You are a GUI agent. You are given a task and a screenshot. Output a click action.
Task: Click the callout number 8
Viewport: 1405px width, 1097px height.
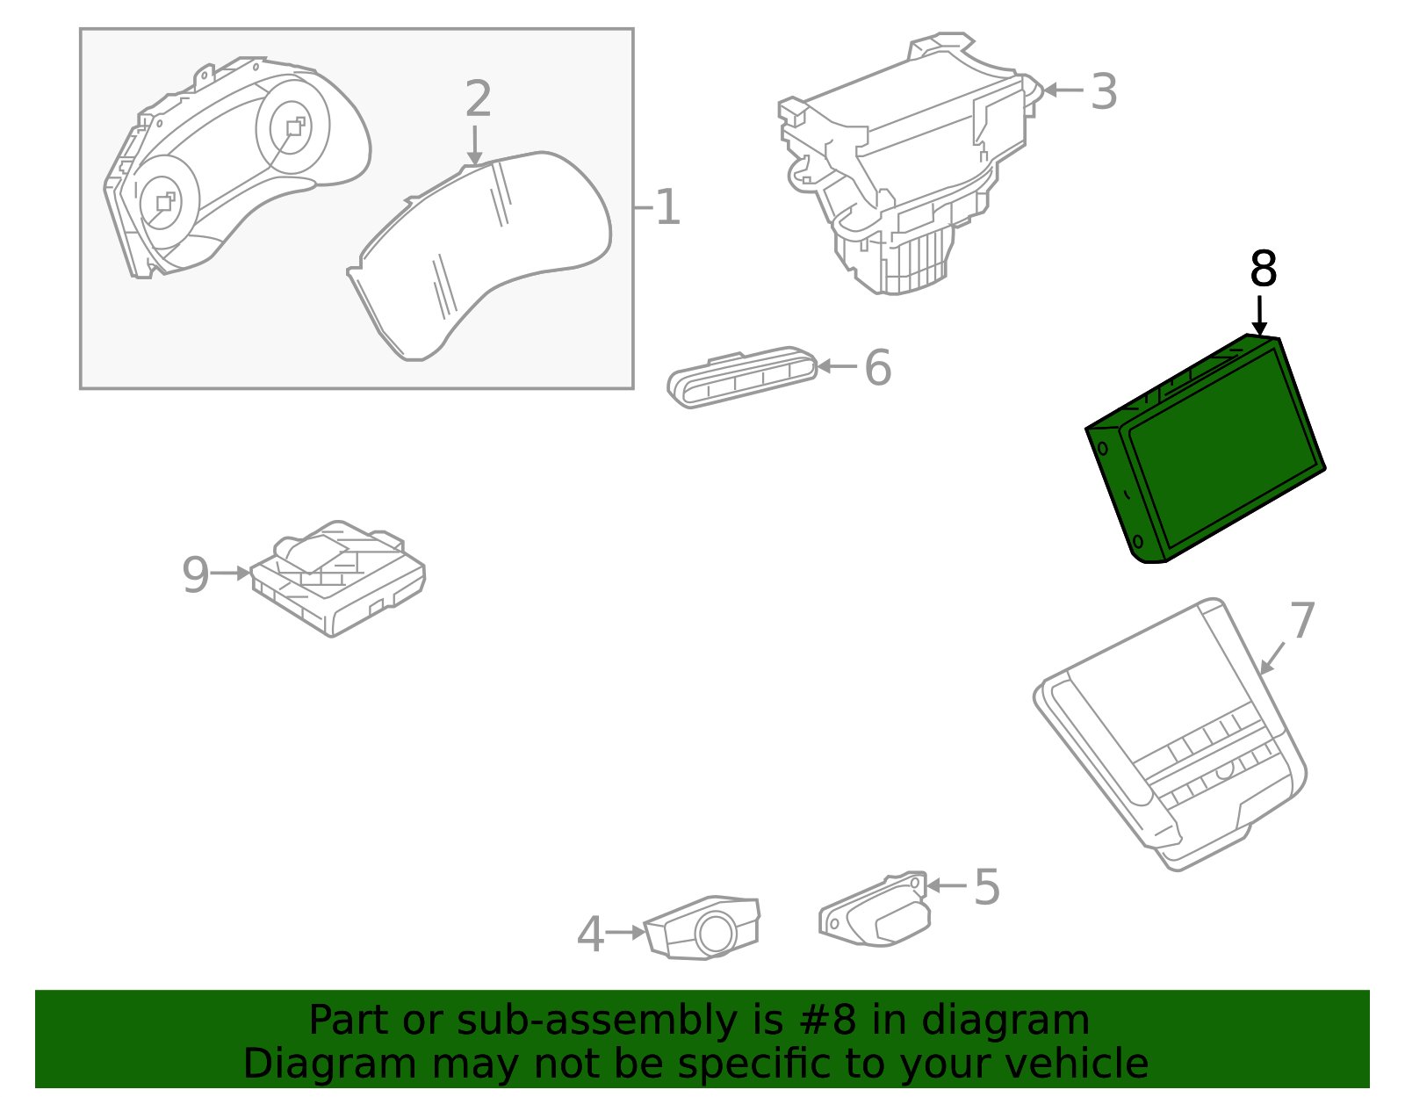(x=1263, y=269)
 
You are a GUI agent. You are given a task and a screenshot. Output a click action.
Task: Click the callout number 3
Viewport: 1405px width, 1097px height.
(x=1103, y=91)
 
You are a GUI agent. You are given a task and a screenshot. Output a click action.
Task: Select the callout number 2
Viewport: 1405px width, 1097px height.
(x=478, y=99)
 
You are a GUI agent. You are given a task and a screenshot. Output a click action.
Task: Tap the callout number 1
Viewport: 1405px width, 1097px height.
(x=668, y=208)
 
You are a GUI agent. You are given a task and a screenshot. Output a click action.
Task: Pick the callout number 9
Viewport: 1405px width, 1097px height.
(x=195, y=575)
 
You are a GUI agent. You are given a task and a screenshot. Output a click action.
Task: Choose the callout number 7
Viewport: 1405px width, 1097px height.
(x=1302, y=621)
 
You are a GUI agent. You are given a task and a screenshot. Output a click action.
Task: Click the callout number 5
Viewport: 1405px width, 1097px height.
(x=987, y=887)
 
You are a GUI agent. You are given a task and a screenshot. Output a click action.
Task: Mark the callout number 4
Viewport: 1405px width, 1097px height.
(x=590, y=935)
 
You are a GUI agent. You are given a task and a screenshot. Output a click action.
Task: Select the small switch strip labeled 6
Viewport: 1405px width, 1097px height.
(x=743, y=378)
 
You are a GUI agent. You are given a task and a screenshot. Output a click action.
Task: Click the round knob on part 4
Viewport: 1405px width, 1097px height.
(x=716, y=933)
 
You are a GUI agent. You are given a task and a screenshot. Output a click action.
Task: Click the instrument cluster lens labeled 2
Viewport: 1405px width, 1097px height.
(x=483, y=255)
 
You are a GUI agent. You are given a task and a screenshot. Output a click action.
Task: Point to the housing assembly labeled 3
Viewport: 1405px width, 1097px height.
(x=904, y=167)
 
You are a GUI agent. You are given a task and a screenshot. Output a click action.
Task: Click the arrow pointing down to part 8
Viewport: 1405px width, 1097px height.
(x=1259, y=316)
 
